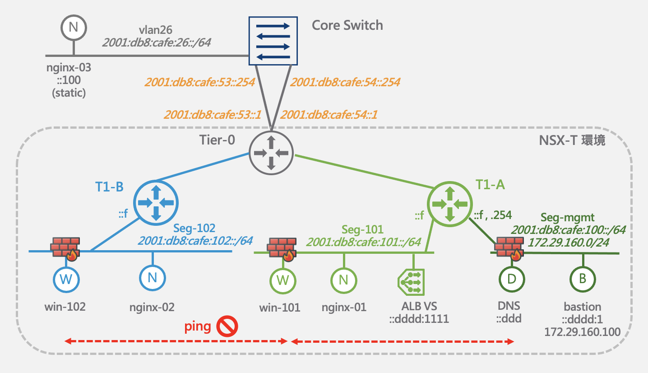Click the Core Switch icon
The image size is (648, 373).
coord(273,41)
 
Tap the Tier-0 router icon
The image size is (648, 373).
coord(271,153)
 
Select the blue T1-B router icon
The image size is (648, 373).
coord(156,203)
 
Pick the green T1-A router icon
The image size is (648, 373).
coord(450,204)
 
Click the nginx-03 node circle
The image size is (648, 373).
coord(74,28)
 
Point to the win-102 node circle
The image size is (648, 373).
coord(66,280)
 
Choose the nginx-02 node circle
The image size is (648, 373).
coord(153,278)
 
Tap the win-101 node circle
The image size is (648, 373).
coord(282,280)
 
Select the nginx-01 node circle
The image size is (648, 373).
coord(344,280)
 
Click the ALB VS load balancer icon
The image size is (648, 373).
coord(412,282)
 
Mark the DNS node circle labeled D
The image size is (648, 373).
coord(512,279)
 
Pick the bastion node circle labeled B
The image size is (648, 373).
coord(583,279)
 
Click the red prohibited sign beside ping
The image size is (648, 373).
coord(227,326)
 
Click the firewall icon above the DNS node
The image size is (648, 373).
coord(509,248)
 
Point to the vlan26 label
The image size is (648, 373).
coord(155,30)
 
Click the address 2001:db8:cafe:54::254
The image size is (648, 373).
coord(345,82)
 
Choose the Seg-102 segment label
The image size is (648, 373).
coord(194,228)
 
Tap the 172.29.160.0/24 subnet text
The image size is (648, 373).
coord(569,242)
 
